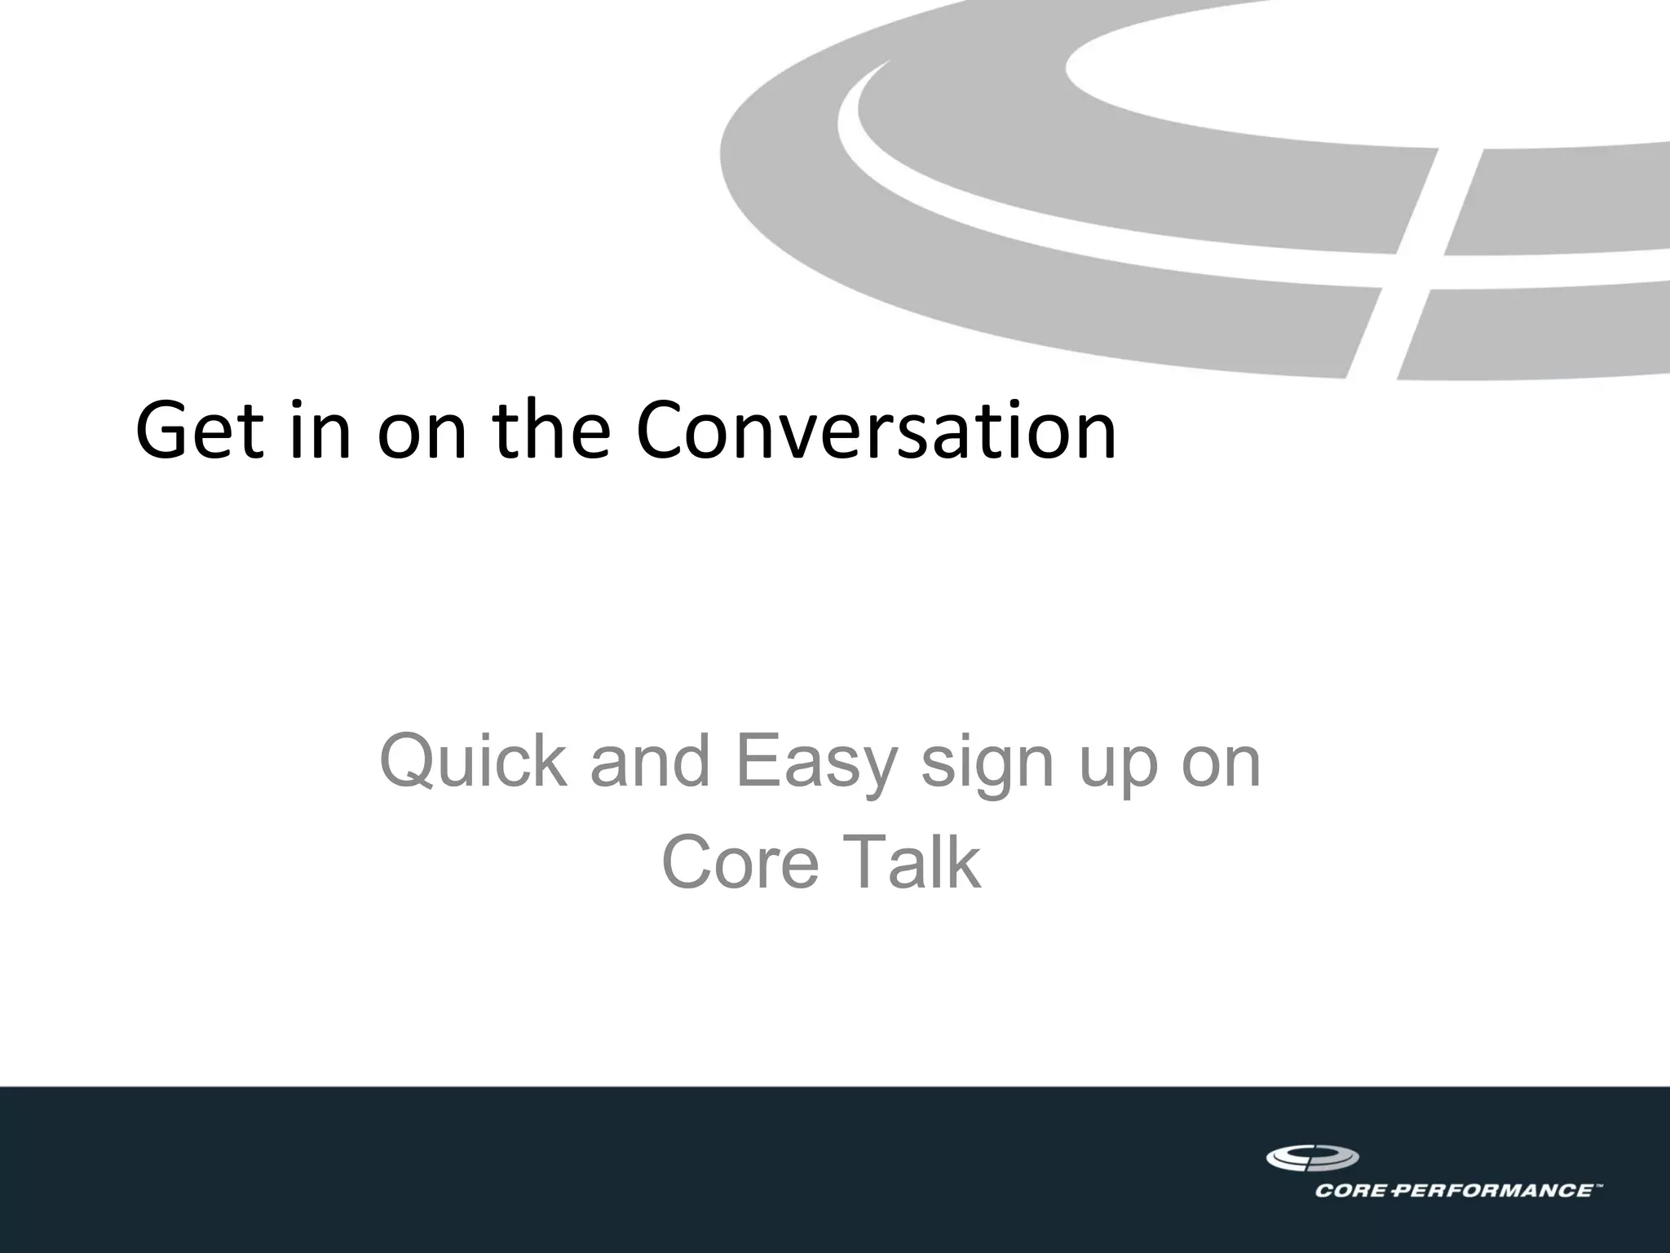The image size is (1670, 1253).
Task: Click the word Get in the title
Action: tap(201, 430)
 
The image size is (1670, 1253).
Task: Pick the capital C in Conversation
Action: tap(664, 430)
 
